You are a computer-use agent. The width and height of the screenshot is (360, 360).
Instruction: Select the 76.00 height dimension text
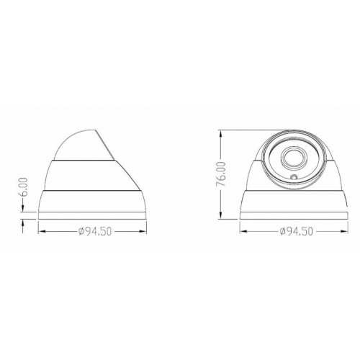221,174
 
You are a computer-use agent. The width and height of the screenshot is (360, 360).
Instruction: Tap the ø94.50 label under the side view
95,232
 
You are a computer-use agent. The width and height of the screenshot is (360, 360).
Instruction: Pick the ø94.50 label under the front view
297,231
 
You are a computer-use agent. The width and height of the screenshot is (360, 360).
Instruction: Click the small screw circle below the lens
294,177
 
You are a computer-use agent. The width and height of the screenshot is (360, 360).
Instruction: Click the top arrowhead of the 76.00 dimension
221,134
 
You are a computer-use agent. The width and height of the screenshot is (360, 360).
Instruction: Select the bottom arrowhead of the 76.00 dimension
221,215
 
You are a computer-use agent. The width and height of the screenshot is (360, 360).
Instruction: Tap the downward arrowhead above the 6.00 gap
23,208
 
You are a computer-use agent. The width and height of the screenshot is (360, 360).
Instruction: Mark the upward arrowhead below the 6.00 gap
23,223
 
